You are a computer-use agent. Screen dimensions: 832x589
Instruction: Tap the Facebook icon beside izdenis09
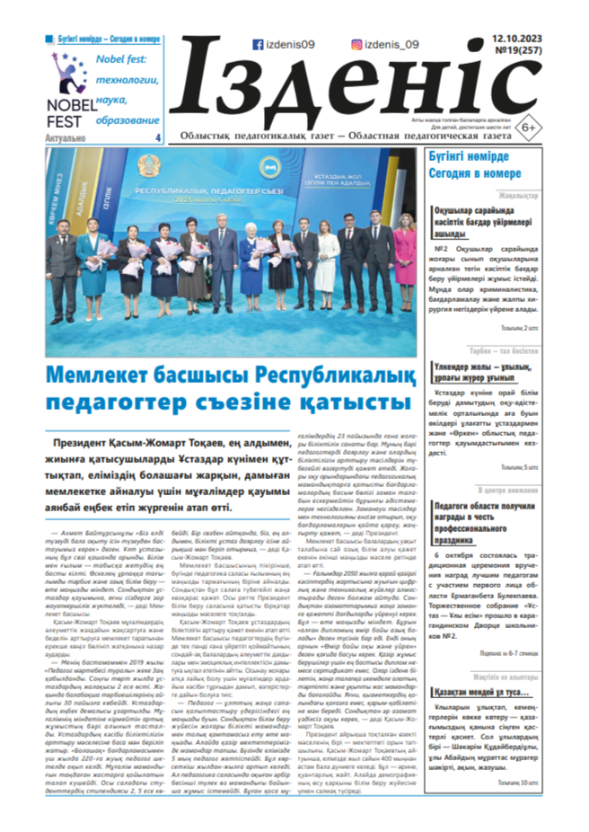[259, 43]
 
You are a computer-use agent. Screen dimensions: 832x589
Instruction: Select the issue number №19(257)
[516, 53]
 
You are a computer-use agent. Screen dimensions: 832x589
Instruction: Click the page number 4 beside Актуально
[158, 137]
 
